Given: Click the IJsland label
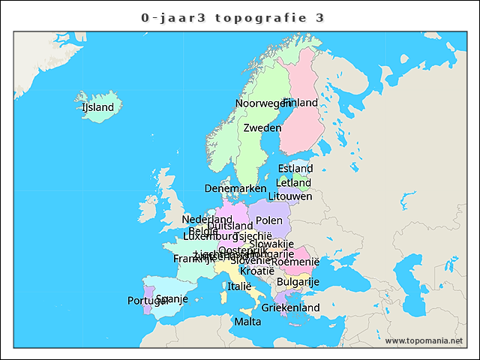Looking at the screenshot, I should coord(97,107).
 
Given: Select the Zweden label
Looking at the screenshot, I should coord(262,127).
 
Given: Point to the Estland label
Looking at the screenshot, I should coord(295,169).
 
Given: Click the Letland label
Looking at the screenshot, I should coord(293,182).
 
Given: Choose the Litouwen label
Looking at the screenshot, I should coord(289,196).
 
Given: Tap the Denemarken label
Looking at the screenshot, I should coord(235,188).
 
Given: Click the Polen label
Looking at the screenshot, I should coord(268,220).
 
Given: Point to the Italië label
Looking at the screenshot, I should coord(239,286).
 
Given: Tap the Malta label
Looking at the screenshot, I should coord(247,322).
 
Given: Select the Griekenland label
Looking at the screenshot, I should coord(290,307).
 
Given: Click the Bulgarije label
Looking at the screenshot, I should coord(298,282).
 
